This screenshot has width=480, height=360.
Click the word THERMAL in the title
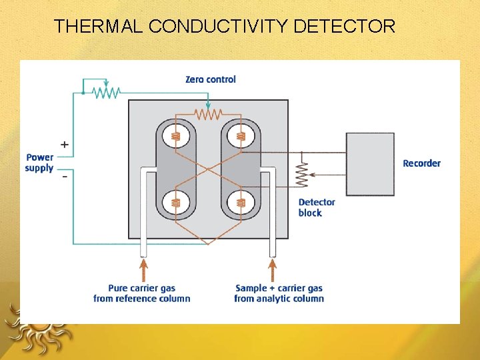coord(99,27)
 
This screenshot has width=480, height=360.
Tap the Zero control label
coord(211,79)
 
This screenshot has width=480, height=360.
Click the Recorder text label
coord(421,163)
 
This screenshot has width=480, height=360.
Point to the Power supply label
coord(39,163)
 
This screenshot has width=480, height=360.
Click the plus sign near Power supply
coord(64,144)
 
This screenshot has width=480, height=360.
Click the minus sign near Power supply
coord(65,177)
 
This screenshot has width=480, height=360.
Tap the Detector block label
coord(316,207)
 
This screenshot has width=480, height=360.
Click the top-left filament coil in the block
coord(176,137)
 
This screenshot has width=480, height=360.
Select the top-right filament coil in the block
coord(241,137)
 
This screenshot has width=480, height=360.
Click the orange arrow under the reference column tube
coord(143,270)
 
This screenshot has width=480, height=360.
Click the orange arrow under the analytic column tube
coord(272,270)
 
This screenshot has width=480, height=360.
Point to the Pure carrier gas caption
coord(142,293)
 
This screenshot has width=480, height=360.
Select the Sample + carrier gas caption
coord(279,293)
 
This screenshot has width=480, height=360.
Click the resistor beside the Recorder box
coord(301,175)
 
